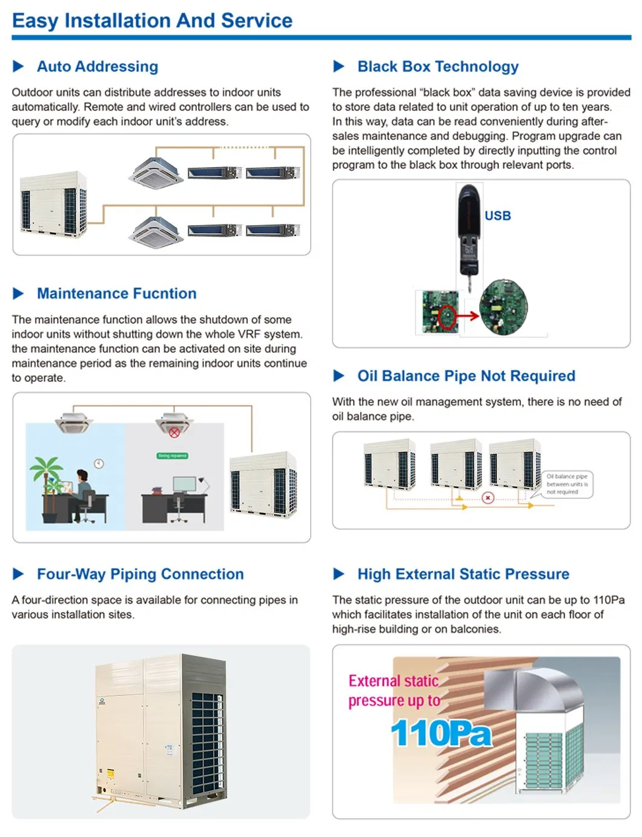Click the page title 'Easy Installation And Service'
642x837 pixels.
click(152, 21)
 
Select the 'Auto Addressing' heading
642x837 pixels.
click(98, 67)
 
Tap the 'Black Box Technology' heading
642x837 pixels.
click(438, 67)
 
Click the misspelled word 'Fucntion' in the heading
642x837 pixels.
click(164, 294)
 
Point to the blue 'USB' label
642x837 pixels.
click(497, 216)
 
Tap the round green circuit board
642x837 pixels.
click(503, 307)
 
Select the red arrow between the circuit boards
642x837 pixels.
click(467, 315)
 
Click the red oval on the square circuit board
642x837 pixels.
click(447, 317)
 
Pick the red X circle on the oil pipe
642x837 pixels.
click(488, 497)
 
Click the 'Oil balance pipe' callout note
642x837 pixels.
click(567, 484)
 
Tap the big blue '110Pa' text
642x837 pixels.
click(441, 733)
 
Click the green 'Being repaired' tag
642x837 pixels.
click(172, 456)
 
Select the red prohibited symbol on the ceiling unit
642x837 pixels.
click(174, 432)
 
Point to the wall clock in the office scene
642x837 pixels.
click(99, 464)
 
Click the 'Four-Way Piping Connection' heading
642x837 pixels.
click(140, 574)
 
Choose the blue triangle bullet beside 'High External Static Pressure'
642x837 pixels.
click(339, 574)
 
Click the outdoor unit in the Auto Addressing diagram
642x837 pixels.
click(54, 204)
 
